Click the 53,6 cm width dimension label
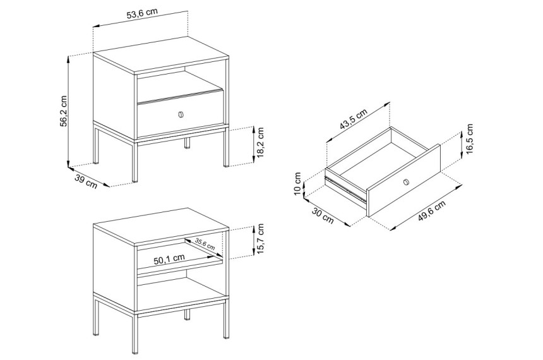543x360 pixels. pyautogui.click(x=142, y=14)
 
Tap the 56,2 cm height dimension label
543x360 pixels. pyautogui.click(x=64, y=111)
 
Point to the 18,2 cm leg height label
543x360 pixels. pyautogui.click(x=261, y=143)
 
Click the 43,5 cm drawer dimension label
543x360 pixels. pyautogui.click(x=353, y=119)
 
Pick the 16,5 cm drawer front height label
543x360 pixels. pyautogui.click(x=469, y=140)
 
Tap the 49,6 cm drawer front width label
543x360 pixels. pyautogui.click(x=431, y=211)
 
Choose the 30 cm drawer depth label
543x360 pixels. pyautogui.click(x=323, y=215)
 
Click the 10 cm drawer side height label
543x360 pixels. pyautogui.click(x=297, y=184)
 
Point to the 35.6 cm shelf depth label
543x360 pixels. pyautogui.click(x=205, y=244)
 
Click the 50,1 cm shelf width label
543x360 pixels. pyautogui.click(x=169, y=259)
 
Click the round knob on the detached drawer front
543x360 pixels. pyautogui.click(x=406, y=182)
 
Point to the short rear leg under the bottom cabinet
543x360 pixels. pyautogui.click(x=187, y=315)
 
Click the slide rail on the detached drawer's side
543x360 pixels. pyautogui.click(x=345, y=189)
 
